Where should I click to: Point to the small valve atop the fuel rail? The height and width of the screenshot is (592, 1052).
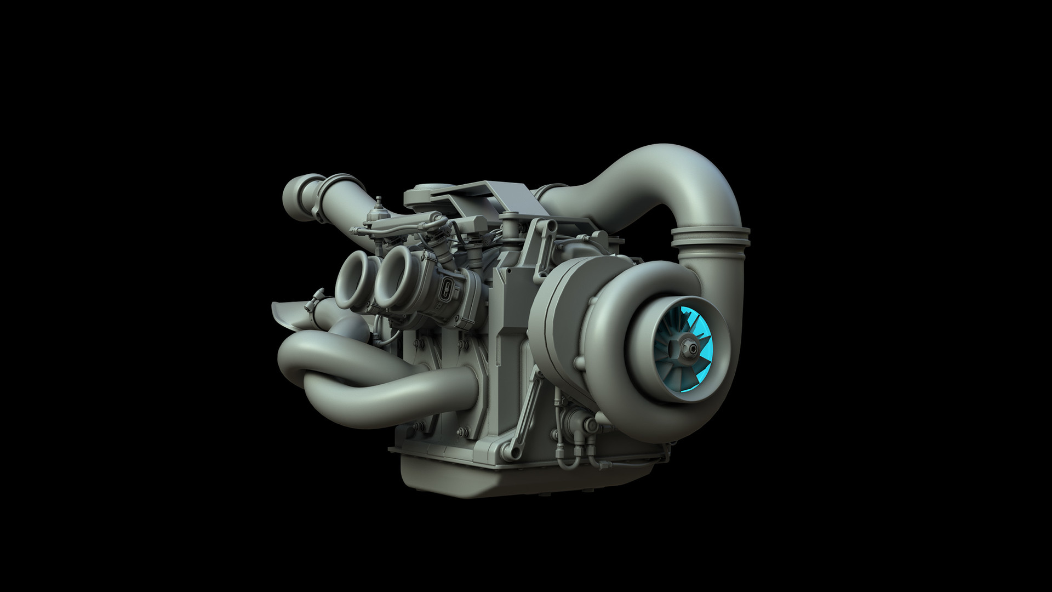click(376, 209)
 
